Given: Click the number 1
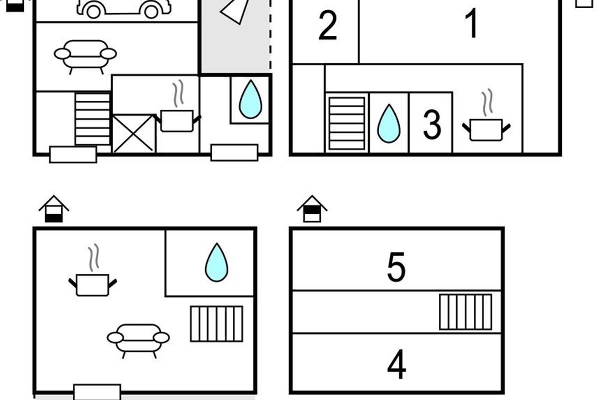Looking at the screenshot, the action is pyautogui.click(x=472, y=23).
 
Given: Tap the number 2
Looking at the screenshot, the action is pyautogui.click(x=328, y=25).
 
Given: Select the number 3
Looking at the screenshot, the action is pyautogui.click(x=432, y=125).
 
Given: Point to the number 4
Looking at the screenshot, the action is pyautogui.click(x=396, y=364).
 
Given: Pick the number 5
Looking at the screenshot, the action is pyautogui.click(x=396, y=267).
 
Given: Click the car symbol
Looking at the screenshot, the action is pyautogui.click(x=124, y=9).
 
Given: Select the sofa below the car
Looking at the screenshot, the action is pyautogui.click(x=85, y=57).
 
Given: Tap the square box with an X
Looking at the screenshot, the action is pyautogui.click(x=133, y=133).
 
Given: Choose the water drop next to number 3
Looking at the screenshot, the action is pyautogui.click(x=389, y=123).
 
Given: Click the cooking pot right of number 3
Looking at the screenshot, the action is pyautogui.click(x=486, y=115).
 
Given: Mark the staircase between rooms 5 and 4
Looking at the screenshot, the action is pyautogui.click(x=466, y=312).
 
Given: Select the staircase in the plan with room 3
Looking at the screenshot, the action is pyautogui.click(x=347, y=123).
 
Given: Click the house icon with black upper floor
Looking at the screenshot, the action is pyautogui.click(x=312, y=209).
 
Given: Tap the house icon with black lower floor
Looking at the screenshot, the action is pyautogui.click(x=54, y=209).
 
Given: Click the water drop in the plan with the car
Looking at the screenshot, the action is pyautogui.click(x=250, y=99).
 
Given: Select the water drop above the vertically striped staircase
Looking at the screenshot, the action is pyautogui.click(x=216, y=262).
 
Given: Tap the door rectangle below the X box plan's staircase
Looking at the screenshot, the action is pyautogui.click(x=73, y=154).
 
